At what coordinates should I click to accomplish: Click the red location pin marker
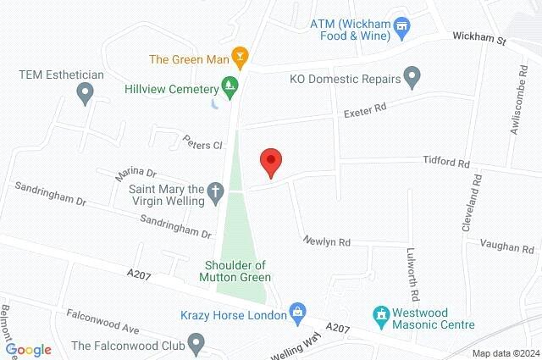tap(270, 161)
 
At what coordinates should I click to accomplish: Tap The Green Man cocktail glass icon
tap(240, 58)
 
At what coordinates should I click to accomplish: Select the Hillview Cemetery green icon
tap(228, 85)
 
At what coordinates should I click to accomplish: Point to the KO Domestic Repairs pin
tap(412, 79)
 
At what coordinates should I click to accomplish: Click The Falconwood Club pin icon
tap(196, 344)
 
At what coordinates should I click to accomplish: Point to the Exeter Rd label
tap(364, 110)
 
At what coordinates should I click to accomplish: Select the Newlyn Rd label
tap(327, 241)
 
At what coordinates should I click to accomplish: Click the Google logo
tap(30, 350)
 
